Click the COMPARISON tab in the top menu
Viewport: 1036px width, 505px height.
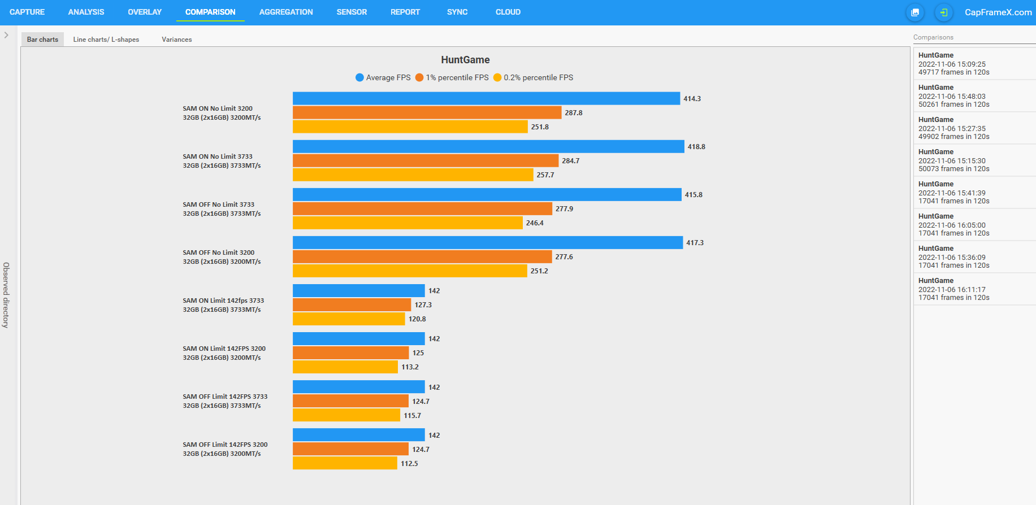[x=210, y=12]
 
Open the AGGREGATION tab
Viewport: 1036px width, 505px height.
[x=286, y=12]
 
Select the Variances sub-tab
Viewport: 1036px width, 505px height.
[x=177, y=40]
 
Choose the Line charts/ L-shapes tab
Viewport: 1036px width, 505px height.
[x=106, y=40]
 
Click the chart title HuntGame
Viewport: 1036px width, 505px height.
[x=465, y=60]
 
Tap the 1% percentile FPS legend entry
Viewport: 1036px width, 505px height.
[x=452, y=77]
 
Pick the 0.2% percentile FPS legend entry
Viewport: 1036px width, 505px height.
[x=533, y=77]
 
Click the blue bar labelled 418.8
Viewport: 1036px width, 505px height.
[x=488, y=147]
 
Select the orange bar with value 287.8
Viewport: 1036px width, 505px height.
[x=427, y=113]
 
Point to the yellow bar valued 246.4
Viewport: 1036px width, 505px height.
[x=408, y=223]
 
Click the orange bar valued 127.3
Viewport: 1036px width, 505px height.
[x=352, y=305]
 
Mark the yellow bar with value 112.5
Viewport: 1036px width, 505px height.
[x=345, y=464]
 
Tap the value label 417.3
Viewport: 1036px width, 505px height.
[x=695, y=243]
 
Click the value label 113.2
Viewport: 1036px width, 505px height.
[x=410, y=367]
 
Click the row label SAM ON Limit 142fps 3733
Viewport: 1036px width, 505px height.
[x=223, y=301]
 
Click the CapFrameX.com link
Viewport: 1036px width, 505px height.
[x=998, y=12]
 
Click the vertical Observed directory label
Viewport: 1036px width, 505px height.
[x=6, y=295]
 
